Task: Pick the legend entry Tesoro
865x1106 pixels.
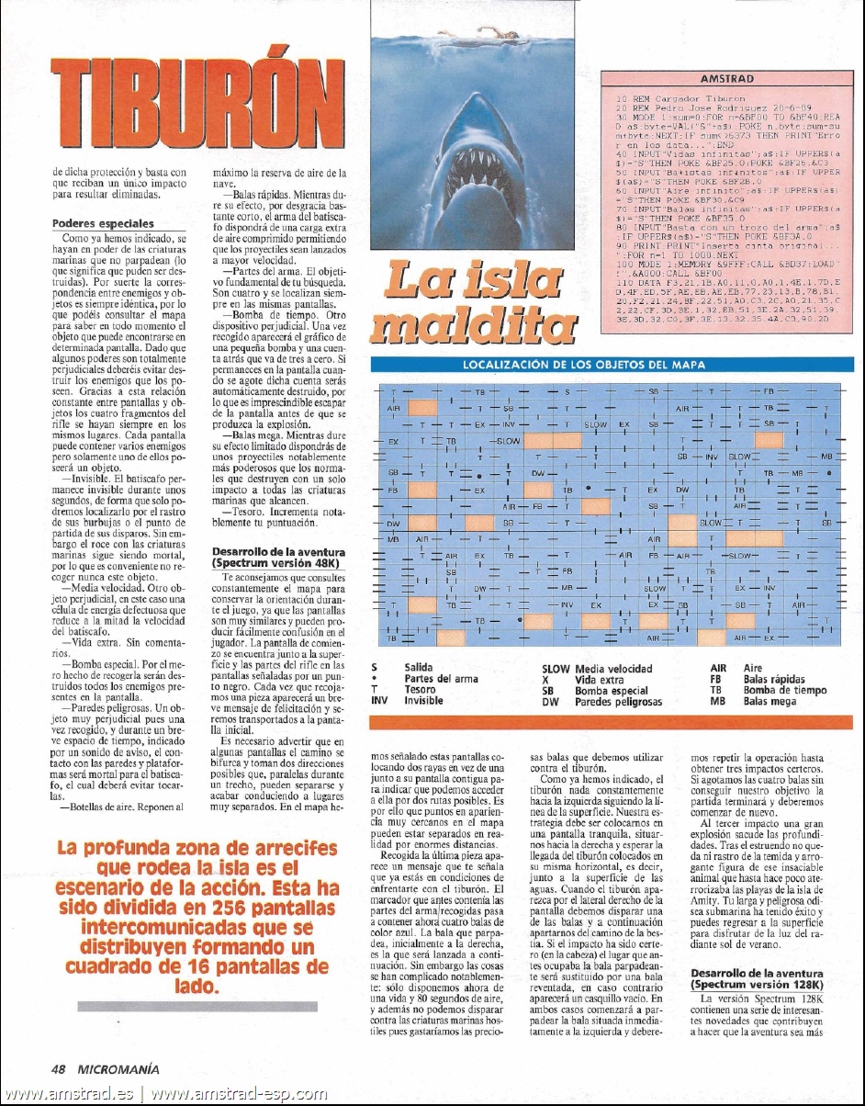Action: [419, 690]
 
